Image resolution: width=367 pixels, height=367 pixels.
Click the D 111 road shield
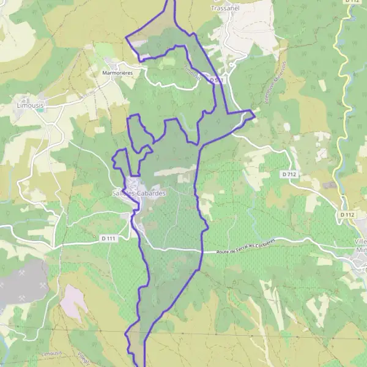108,237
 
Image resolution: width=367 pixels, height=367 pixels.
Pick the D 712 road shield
290,174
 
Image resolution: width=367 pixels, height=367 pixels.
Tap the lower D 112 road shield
346,215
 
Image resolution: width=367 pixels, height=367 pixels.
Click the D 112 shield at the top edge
350,2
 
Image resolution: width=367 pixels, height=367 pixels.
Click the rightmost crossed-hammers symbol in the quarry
42,286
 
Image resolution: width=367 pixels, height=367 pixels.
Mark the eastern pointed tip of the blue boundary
254,113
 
